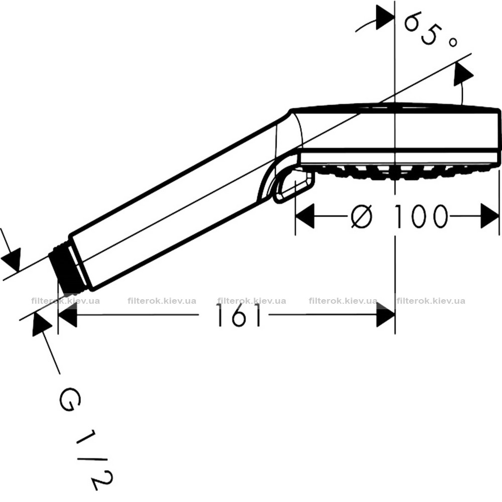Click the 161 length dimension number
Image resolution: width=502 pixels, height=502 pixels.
click(x=239, y=315)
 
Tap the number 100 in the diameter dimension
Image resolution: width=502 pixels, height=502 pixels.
click(x=420, y=217)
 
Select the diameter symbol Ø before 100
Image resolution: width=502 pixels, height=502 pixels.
click(x=362, y=217)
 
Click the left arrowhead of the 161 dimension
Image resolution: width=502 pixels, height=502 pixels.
click(x=67, y=316)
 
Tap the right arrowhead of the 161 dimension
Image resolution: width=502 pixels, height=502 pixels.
click(x=385, y=316)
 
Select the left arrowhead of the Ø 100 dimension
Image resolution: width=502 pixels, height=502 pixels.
click(x=305, y=217)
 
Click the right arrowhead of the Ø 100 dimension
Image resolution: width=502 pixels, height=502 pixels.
click(x=490, y=217)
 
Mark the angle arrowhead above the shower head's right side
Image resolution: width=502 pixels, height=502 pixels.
click(x=462, y=75)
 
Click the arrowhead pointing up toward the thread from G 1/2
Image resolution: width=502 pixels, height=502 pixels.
click(x=41, y=325)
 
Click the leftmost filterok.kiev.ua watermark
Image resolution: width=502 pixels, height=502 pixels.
click(x=66, y=301)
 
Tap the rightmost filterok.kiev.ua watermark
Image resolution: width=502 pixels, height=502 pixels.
click(x=431, y=301)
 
